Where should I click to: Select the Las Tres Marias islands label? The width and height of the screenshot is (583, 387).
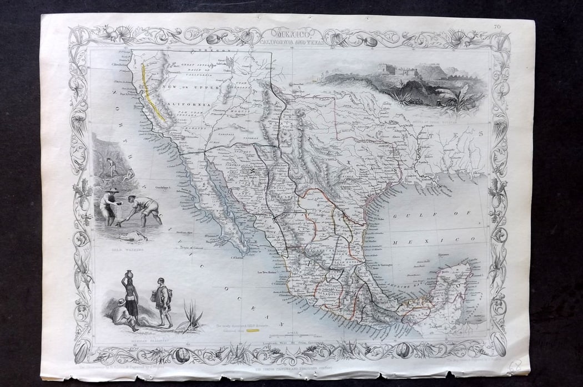(267, 272)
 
